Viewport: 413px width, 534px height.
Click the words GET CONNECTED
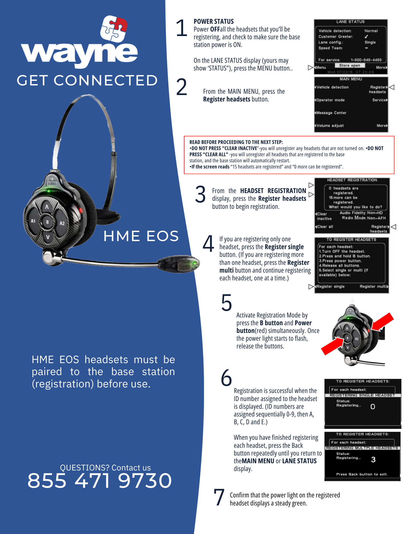point(87,80)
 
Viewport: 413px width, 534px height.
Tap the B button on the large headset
point(47,222)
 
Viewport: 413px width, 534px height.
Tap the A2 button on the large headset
point(62,223)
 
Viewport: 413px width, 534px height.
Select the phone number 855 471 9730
point(100,481)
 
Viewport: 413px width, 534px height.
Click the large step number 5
point(226,303)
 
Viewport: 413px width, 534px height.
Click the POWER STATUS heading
point(214,21)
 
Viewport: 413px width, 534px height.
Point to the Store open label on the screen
point(349,65)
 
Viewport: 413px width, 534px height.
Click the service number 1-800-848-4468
point(366,60)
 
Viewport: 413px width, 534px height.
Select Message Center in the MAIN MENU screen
point(331,113)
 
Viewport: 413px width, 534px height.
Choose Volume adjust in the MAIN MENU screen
point(330,125)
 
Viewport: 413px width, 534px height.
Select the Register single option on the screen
point(330,286)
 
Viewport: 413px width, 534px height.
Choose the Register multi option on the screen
point(373,286)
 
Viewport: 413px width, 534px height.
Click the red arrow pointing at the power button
point(383,322)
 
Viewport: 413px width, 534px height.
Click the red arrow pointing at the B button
point(332,346)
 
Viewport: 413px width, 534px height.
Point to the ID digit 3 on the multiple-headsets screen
point(373,460)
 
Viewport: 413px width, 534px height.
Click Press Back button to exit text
point(362,474)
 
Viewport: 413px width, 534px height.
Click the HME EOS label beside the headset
point(141,236)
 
